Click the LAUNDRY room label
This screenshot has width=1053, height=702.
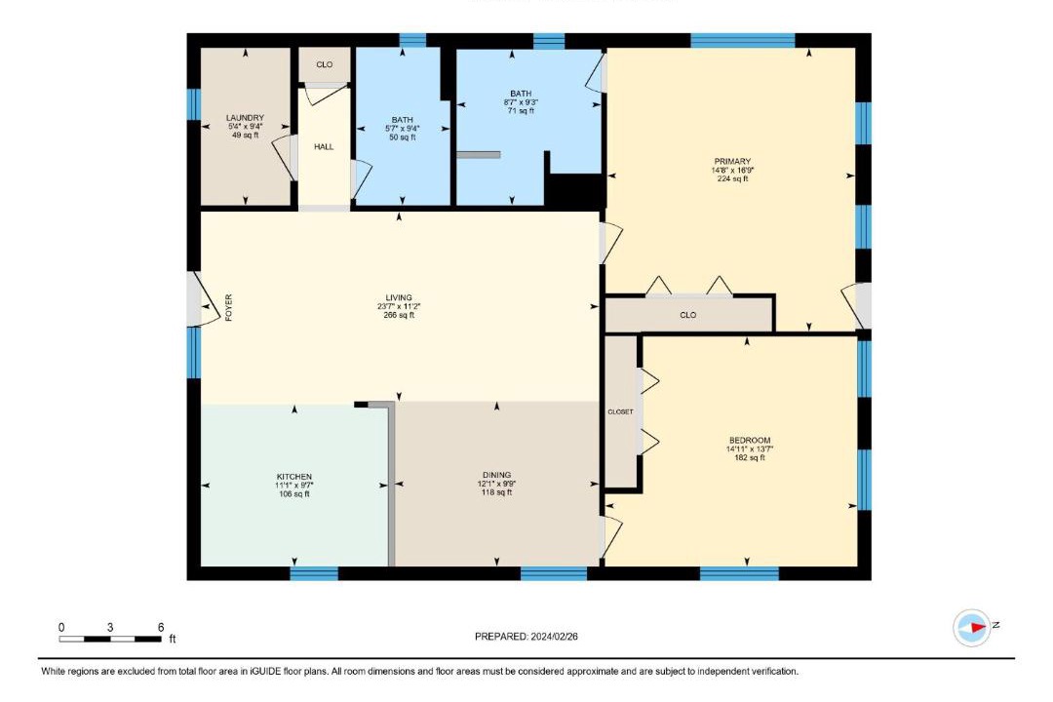coord(245,118)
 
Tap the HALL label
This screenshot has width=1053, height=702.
coord(324,146)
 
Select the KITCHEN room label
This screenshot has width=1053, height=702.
coord(294,476)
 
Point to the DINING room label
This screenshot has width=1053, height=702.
coord(497,474)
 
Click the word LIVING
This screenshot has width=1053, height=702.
coord(399,297)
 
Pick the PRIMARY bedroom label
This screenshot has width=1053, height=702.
coord(732,161)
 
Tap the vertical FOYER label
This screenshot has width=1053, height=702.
coord(228,308)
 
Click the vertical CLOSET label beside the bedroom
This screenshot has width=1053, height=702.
coord(620,411)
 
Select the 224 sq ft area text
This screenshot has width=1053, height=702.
coord(732,178)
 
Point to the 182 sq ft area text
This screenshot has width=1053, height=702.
coord(750,457)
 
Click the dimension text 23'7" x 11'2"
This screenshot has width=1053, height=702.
coord(399,306)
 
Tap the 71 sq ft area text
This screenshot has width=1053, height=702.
coord(521,111)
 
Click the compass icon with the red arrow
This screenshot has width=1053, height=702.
coord(972,628)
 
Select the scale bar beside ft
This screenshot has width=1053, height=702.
coord(110,639)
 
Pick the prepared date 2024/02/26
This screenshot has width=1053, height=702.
coord(554,636)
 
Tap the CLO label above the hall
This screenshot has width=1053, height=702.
coord(325,64)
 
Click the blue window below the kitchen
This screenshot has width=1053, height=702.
coord(314,573)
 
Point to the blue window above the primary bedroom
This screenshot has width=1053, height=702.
coord(743,40)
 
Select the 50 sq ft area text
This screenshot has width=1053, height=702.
coord(403,137)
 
